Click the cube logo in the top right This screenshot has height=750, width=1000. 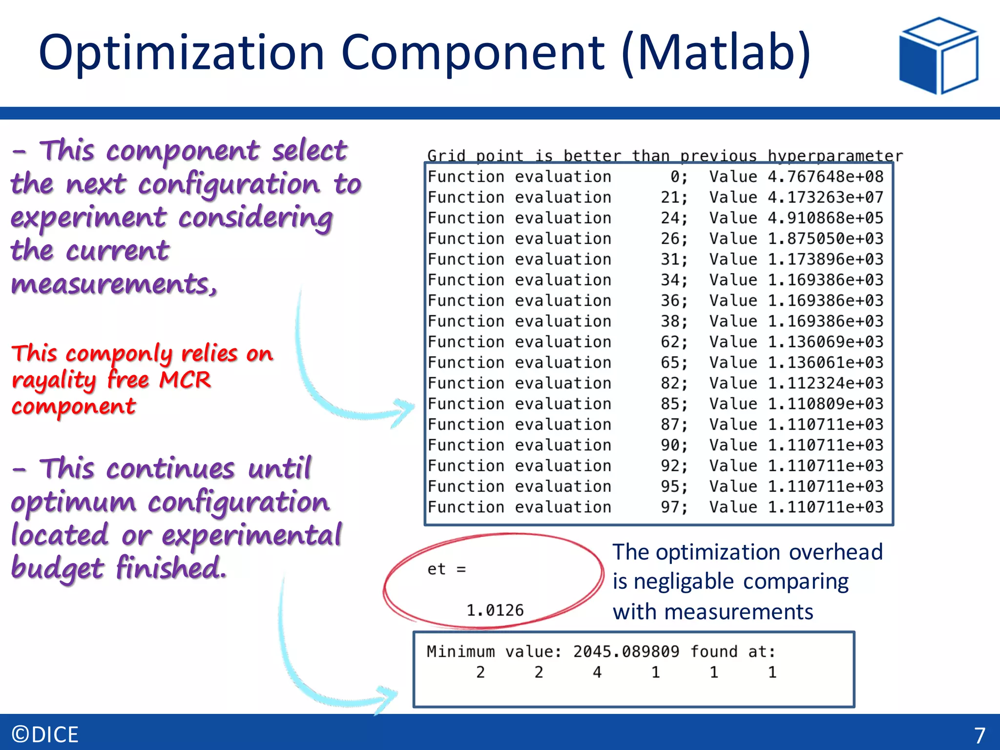tap(938, 55)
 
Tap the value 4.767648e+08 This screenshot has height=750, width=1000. tap(825, 177)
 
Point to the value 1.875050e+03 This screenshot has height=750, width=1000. tap(825, 239)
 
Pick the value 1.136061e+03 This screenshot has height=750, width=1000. tap(825, 363)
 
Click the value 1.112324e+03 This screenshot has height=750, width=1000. tap(825, 383)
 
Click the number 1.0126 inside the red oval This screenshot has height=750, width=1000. tap(495, 610)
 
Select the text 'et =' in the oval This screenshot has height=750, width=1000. tap(446, 569)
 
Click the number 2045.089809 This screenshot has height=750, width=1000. tap(626, 652)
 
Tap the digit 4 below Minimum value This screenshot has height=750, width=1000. tap(597, 673)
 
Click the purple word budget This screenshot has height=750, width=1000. tap(58, 568)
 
